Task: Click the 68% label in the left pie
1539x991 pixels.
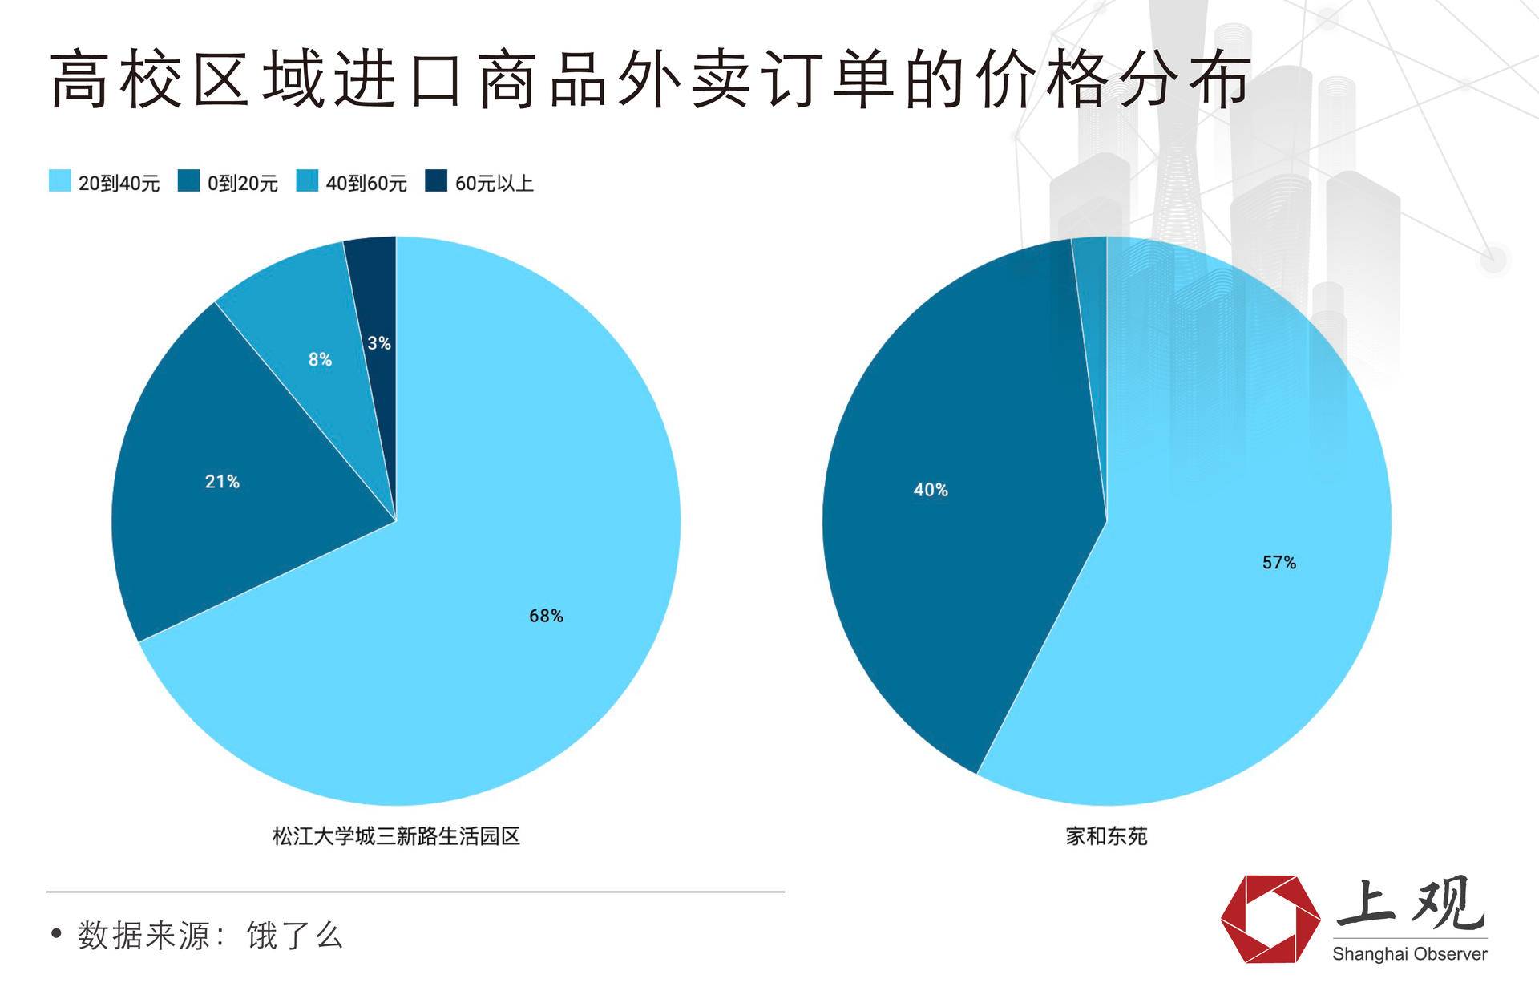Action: click(x=546, y=616)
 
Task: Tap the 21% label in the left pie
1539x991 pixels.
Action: click(x=222, y=482)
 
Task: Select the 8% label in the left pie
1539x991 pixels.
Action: click(x=320, y=360)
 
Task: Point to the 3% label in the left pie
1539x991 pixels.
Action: click(x=379, y=343)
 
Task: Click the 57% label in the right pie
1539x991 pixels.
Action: click(x=1278, y=563)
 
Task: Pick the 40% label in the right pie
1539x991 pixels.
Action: click(x=931, y=490)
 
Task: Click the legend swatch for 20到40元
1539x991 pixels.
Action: click(x=60, y=182)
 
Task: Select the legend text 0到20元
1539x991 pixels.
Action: click(x=242, y=184)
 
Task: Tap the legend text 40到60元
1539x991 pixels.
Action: click(x=366, y=184)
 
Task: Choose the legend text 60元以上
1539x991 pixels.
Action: click(x=494, y=184)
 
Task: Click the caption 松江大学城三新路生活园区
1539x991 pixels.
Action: click(x=396, y=836)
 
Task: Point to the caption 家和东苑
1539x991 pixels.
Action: click(x=1106, y=836)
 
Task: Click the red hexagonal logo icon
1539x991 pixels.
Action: click(x=1270, y=919)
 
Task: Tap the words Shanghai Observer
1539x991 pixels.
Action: click(x=1409, y=954)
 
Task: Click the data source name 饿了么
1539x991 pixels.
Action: click(x=295, y=936)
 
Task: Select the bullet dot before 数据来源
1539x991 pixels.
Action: click(x=55, y=934)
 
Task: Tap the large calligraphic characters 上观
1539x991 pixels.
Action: click(x=1411, y=904)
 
